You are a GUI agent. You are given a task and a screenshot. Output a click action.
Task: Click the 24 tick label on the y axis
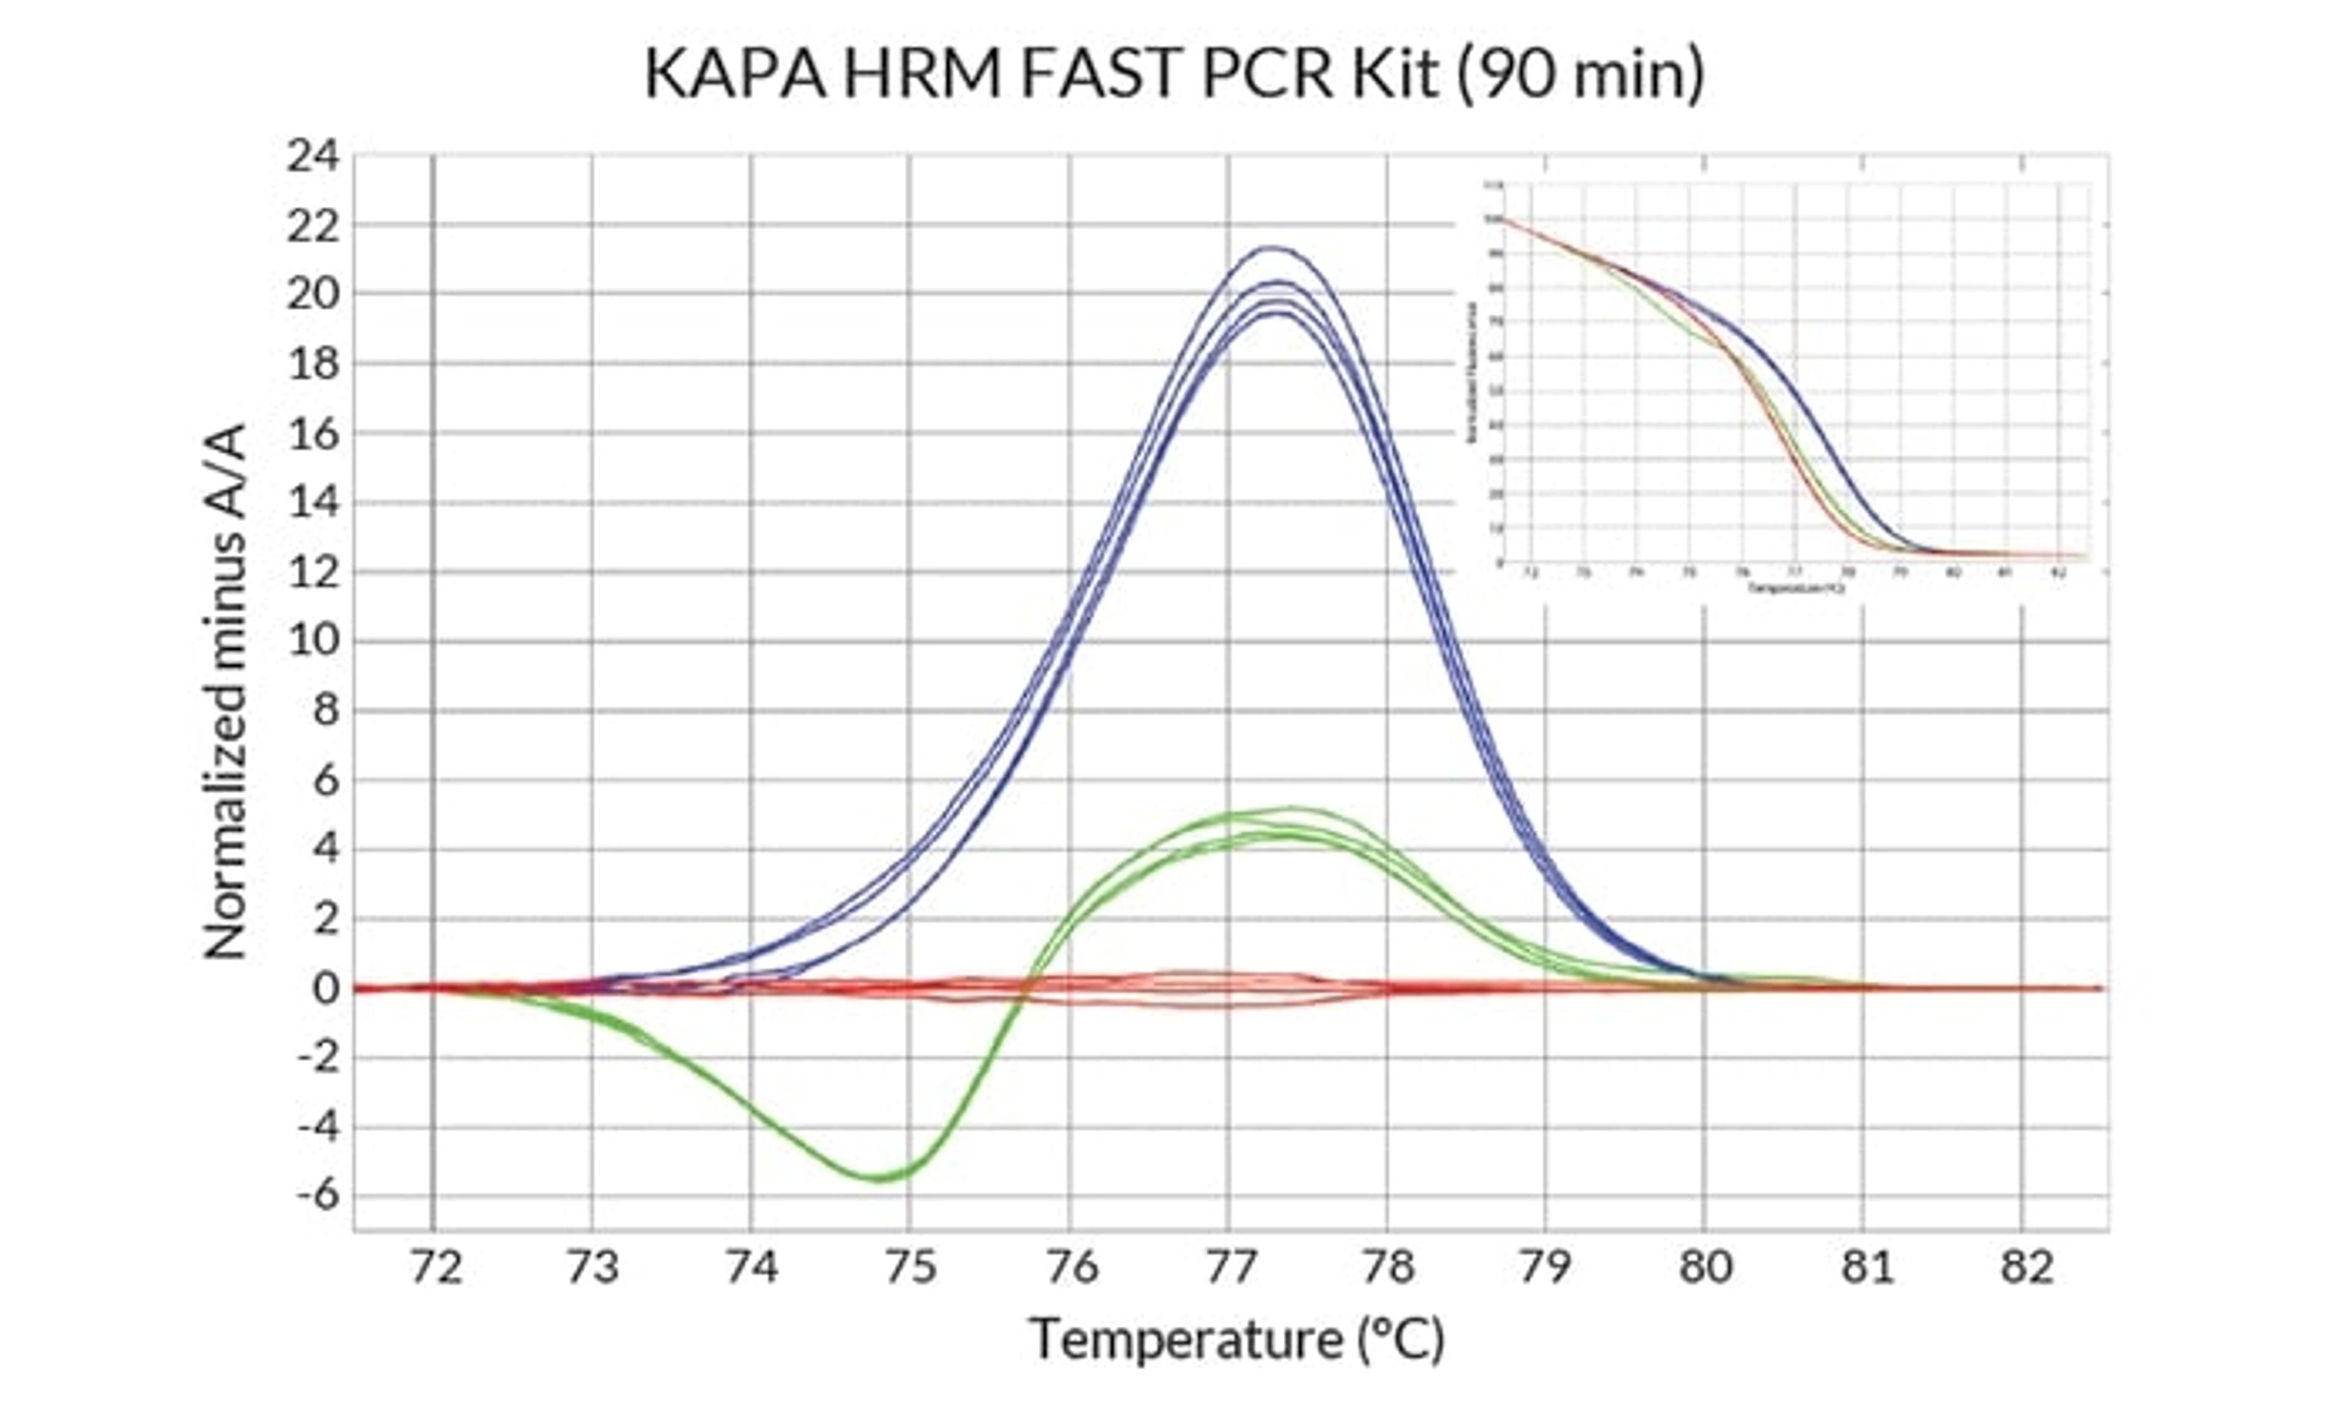click(x=312, y=156)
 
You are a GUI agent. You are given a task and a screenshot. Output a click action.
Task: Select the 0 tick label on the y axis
click(x=325, y=989)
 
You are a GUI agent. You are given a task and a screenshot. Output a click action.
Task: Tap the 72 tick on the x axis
click(x=435, y=1267)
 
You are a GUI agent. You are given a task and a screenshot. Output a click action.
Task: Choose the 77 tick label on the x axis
click(x=1230, y=1267)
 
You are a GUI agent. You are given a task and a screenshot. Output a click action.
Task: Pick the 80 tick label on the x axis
click(x=1705, y=1267)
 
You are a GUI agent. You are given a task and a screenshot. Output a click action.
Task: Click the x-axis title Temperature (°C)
click(x=1236, y=1340)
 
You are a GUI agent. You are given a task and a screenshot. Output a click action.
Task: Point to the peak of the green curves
click(x=1291, y=809)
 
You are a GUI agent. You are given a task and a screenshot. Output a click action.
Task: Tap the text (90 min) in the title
click(x=1580, y=74)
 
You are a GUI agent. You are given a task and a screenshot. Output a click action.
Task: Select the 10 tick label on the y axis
click(x=312, y=642)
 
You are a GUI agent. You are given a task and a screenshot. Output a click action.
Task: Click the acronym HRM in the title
click(x=921, y=74)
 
